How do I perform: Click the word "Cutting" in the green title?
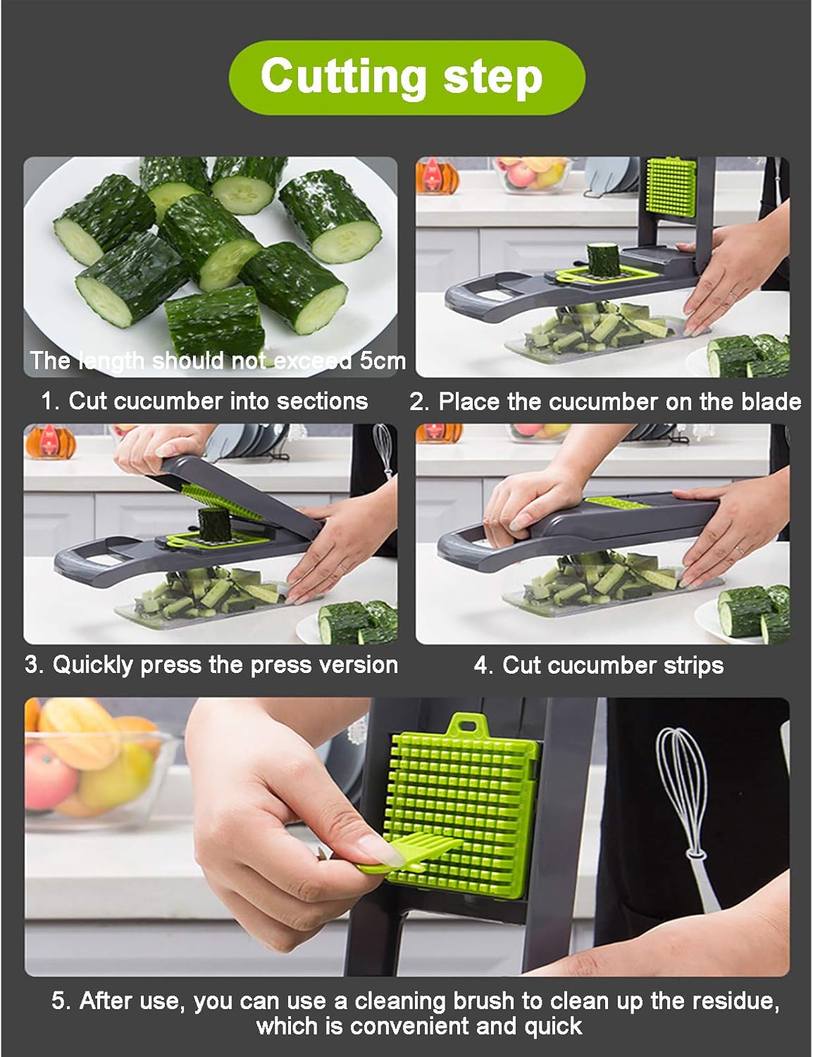coord(343,75)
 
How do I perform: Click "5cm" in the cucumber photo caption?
coord(383,361)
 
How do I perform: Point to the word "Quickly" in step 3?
coord(92,665)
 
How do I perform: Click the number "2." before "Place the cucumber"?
coord(419,402)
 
